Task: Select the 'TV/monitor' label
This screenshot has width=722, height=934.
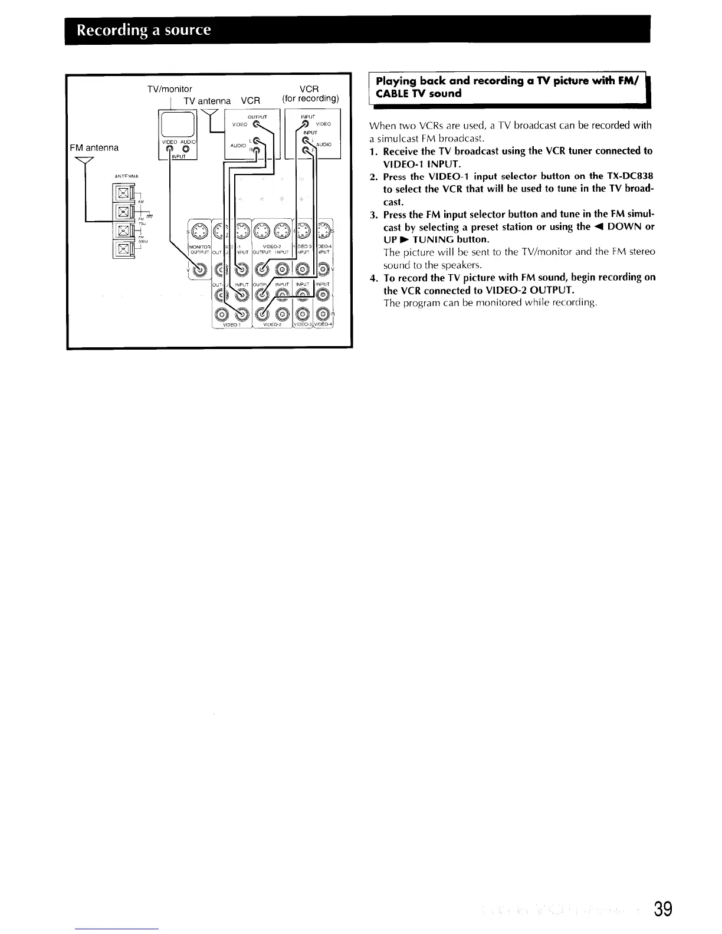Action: point(170,89)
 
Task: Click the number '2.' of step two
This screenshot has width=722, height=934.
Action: point(374,176)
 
